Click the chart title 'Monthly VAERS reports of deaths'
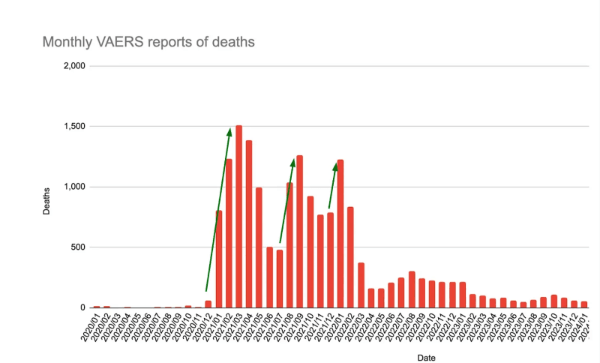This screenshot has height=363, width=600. tap(148, 41)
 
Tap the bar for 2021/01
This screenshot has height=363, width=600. tap(218, 259)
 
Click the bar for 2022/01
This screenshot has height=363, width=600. tap(340, 233)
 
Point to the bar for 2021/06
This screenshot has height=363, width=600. tap(269, 277)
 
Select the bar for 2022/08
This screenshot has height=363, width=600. tap(412, 289)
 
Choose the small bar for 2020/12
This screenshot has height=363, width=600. tap(208, 304)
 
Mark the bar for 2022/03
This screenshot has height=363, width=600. tap(361, 285)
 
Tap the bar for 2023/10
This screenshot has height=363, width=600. tap(554, 301)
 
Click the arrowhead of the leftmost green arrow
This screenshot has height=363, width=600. tap(229, 132)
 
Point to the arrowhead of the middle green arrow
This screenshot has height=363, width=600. tap(293, 162)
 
